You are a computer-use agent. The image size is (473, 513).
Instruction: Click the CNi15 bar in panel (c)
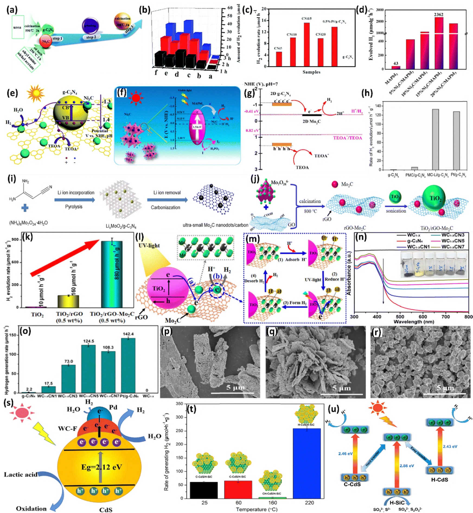(x=306, y=44)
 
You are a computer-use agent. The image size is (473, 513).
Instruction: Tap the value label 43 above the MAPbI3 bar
(x=396, y=63)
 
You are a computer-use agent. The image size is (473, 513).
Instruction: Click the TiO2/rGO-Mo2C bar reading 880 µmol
(x=112, y=274)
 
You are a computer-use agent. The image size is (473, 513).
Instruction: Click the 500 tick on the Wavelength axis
(x=400, y=317)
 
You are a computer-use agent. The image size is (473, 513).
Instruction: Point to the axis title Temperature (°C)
(x=257, y=509)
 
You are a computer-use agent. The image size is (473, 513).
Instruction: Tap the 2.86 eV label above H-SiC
(x=407, y=466)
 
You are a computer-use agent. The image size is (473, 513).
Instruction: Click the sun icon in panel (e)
(x=35, y=94)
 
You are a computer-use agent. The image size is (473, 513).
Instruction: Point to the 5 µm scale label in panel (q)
(x=341, y=388)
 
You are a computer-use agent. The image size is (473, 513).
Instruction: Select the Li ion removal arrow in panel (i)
(x=167, y=200)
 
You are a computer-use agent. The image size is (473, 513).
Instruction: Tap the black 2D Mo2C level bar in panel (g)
(x=312, y=115)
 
